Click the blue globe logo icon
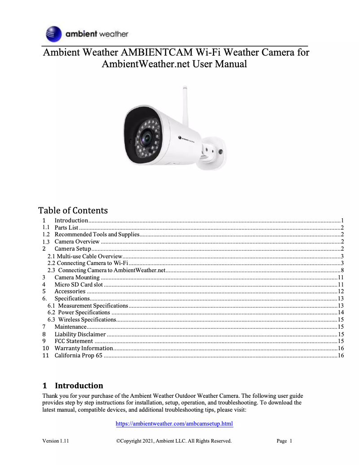tap(53, 34)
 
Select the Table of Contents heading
tap(73, 210)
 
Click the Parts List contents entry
tap(66, 227)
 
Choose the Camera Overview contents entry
tap(77, 241)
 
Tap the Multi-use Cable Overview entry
tap(85, 256)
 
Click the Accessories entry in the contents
tap(70, 291)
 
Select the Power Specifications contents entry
tap(84, 312)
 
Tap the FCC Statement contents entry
tap(74, 341)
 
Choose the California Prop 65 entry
tap(78, 356)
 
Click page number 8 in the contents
tap(342, 270)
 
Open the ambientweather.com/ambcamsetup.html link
tap(174, 424)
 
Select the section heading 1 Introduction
tap(73, 386)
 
